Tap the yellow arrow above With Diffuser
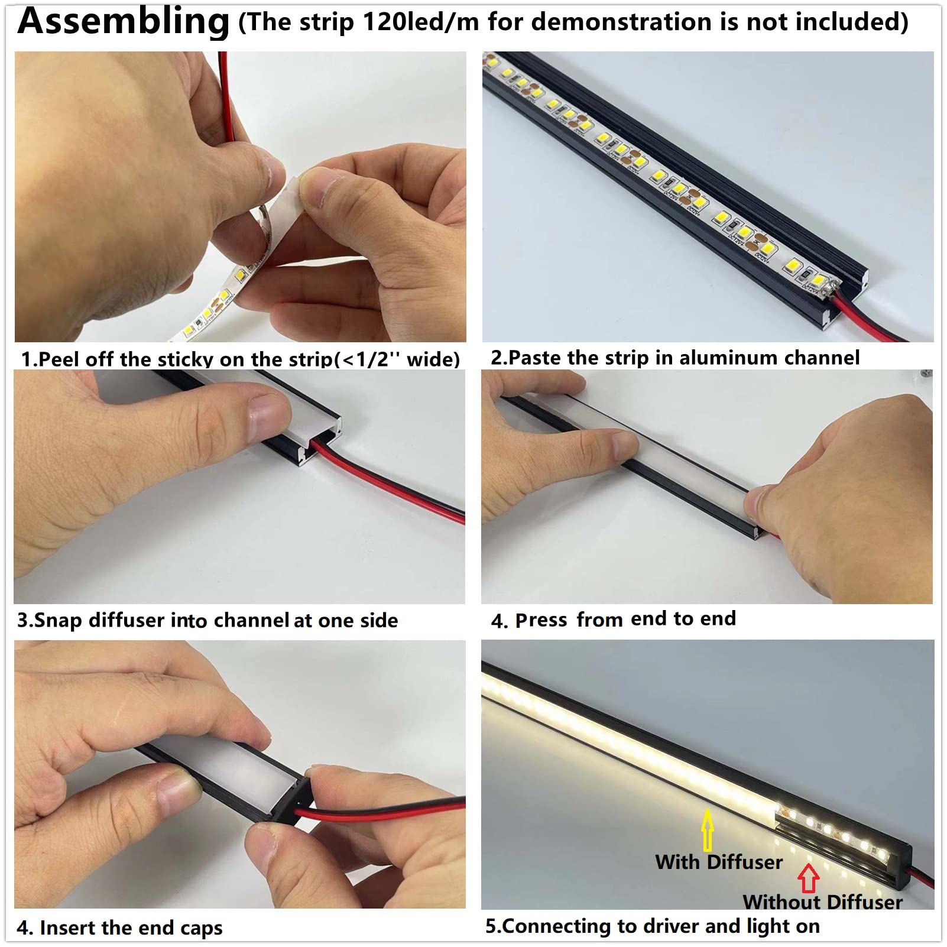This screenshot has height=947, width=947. point(707,829)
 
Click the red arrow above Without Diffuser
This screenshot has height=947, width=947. point(808,878)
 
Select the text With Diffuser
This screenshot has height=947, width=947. point(718,862)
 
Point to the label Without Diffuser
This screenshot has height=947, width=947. point(822,902)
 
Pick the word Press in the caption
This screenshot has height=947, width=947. point(541,620)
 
